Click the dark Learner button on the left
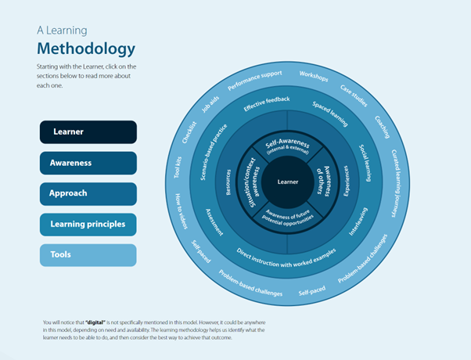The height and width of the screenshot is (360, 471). point(88,132)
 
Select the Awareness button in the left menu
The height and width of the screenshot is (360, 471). point(88,163)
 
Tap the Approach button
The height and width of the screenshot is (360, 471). point(88,193)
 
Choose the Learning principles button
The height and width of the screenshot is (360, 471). point(88,224)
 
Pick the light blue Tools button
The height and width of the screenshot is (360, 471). point(88,255)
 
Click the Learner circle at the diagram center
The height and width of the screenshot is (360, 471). point(288,182)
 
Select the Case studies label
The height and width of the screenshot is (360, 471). point(354,95)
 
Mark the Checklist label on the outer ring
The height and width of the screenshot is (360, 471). point(189,131)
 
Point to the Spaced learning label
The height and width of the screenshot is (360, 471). point(329,113)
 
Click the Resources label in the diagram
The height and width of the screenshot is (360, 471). point(228,181)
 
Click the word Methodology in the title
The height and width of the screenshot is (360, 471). point(86,49)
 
